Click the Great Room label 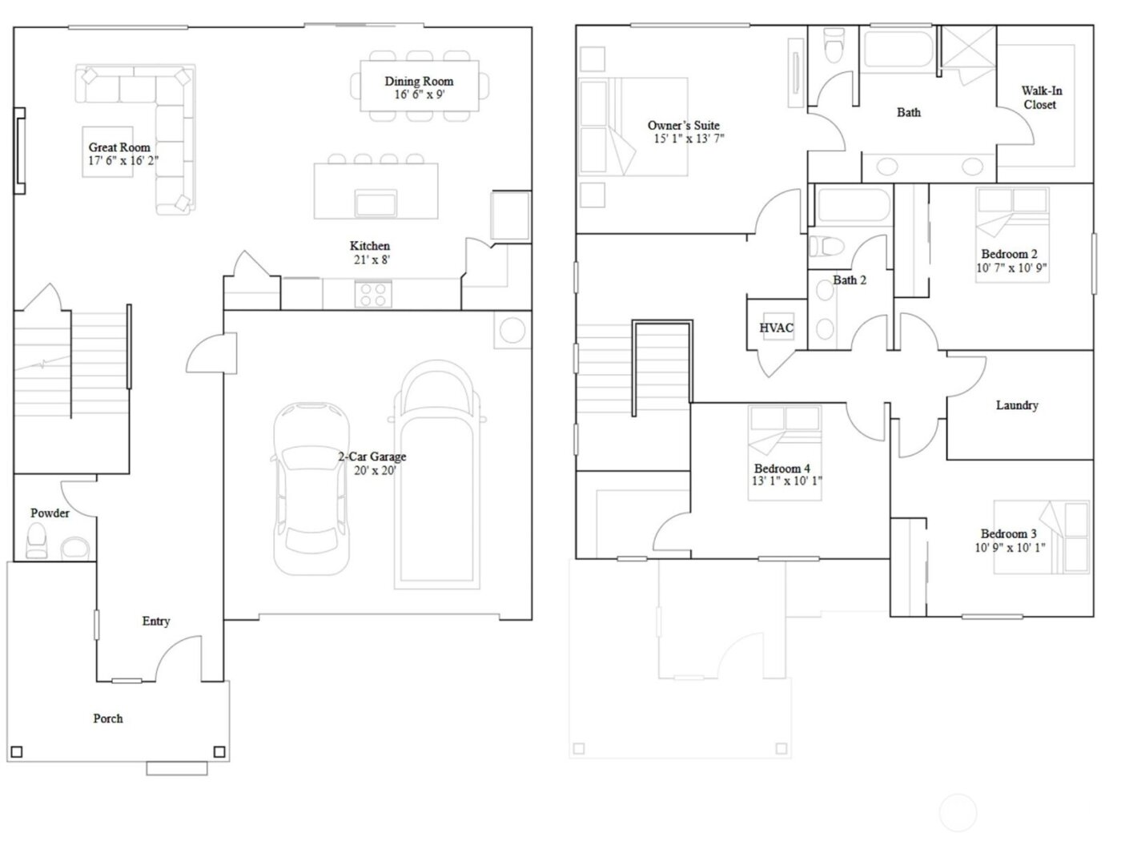pos(119,147)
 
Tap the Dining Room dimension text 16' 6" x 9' pos(419,95)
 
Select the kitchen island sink pos(376,203)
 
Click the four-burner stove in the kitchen pos(372,294)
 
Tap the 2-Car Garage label pos(372,457)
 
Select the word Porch pos(108,718)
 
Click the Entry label pos(156,621)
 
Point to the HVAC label pos(776,328)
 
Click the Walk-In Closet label pos(1041,98)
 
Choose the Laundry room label pos(1017,405)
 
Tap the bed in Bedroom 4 pos(785,453)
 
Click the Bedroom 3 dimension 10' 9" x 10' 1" pos(1010,548)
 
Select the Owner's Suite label pos(683,125)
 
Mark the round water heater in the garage pos(512,330)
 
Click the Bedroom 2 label pos(1009,254)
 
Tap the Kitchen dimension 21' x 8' pos(370,260)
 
